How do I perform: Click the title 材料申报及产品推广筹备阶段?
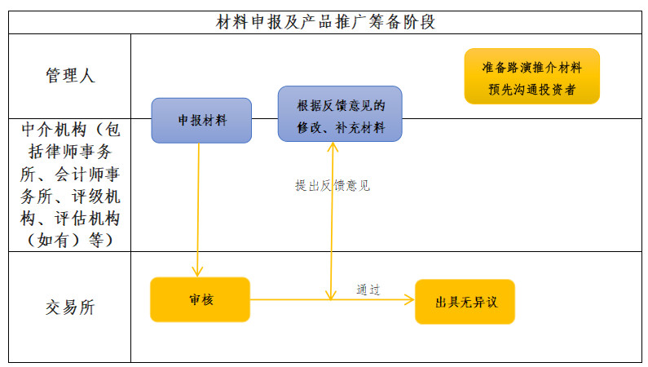(326, 22)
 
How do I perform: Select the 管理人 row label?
(70, 76)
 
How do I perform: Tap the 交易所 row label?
(70, 307)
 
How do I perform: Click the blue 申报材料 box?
(201, 121)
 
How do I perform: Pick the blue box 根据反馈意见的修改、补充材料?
(340, 113)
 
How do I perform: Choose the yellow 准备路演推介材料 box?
(532, 76)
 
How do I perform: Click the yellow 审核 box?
(200, 299)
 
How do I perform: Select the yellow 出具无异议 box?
(465, 302)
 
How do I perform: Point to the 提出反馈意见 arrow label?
(333, 186)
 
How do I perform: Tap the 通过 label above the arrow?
(368, 290)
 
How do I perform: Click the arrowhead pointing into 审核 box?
(197, 272)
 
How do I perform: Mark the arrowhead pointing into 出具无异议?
(409, 299)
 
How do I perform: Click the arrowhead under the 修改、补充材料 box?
(333, 146)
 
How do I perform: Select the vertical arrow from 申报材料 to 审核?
(198, 210)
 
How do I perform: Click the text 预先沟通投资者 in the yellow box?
(532, 89)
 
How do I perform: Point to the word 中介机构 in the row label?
(54, 130)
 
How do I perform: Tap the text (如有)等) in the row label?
(70, 240)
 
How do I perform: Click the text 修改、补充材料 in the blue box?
(341, 127)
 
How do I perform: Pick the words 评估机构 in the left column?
(87, 219)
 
